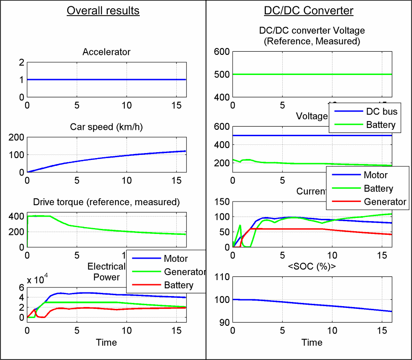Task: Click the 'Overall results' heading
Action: [x=103, y=11]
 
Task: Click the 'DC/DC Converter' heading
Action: [x=309, y=11]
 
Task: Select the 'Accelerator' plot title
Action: [x=106, y=52]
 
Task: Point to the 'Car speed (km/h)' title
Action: [x=106, y=127]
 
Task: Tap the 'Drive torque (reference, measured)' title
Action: [x=106, y=202]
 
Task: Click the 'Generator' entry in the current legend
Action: [x=385, y=201]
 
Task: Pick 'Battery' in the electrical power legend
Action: [x=179, y=286]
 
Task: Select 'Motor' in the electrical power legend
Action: [x=176, y=259]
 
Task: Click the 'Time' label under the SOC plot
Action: [x=312, y=342]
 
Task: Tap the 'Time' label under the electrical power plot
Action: [x=106, y=342]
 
